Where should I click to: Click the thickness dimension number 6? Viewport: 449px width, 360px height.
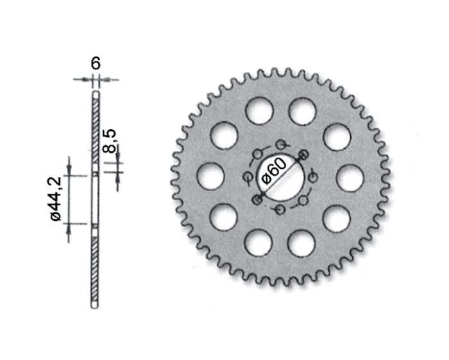96,63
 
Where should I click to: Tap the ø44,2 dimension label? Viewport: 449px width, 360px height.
56,200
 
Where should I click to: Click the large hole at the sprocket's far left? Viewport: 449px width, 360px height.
210,177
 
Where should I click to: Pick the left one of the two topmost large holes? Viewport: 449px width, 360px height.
258,110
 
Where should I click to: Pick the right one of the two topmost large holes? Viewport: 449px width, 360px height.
301,110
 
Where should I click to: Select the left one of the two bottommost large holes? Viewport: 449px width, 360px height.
258,244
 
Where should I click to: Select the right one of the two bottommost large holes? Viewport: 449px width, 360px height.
301,244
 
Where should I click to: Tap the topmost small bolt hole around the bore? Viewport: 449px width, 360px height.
280,144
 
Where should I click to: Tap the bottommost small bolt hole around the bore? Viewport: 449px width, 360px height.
280,210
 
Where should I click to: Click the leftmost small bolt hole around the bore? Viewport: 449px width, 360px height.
247,177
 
